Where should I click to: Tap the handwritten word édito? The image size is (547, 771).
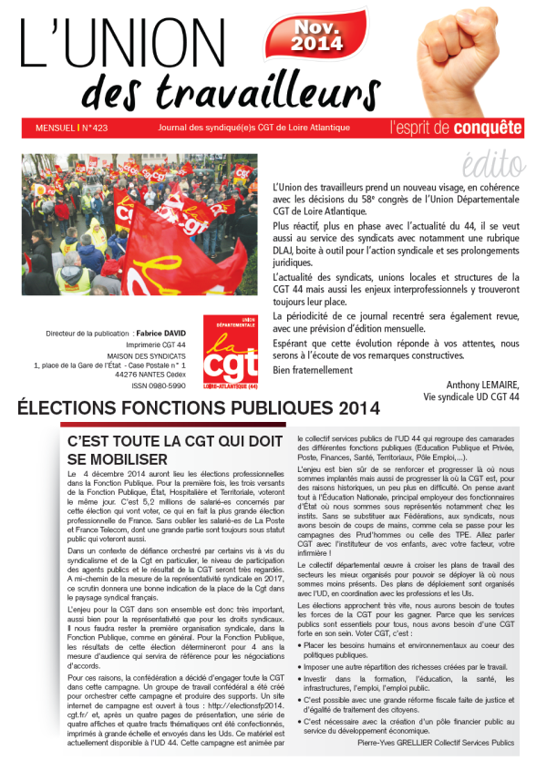(x=491, y=163)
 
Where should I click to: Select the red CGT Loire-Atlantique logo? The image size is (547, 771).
(x=231, y=350)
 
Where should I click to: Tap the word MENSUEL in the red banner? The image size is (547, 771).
(x=51, y=128)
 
